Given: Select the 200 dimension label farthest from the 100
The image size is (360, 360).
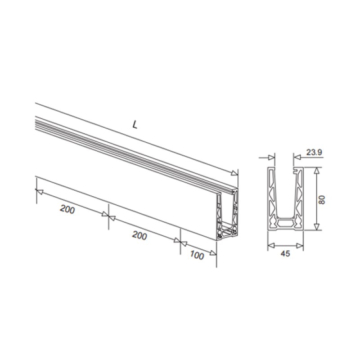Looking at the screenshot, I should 67,210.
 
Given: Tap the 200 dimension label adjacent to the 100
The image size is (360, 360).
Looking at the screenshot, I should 139,235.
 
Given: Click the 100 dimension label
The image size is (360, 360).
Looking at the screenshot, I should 196,255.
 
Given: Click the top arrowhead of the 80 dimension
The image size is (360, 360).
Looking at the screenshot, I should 317,171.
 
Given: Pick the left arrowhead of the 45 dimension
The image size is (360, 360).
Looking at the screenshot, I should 270,245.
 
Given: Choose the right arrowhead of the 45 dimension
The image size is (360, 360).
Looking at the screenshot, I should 300,245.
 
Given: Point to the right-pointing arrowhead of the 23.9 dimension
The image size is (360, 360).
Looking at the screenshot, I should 271,157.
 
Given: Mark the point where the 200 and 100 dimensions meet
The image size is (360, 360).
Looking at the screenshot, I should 180,242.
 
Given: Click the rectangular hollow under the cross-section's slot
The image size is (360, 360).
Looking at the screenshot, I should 285,222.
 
